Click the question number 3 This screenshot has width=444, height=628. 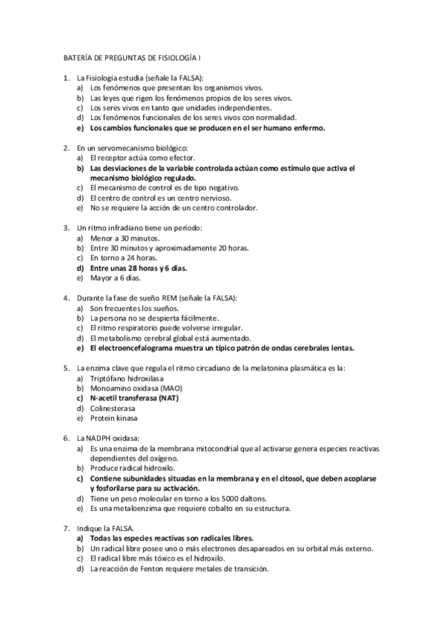click(x=67, y=227)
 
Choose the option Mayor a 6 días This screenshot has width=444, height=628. click(x=115, y=278)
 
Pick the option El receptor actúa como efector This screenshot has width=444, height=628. click(x=132, y=158)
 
